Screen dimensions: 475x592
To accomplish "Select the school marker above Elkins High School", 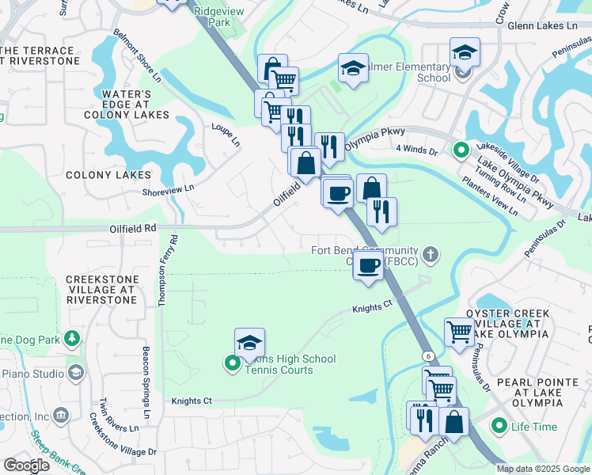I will coord(249,343).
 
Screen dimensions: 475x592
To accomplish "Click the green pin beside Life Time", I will coord(499,427).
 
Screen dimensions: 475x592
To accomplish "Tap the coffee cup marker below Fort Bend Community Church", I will coord(368,266).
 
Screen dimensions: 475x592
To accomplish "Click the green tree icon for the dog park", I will coord(72,340).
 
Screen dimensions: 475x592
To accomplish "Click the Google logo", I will coord(26,465).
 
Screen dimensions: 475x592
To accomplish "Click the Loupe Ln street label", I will coord(226,135).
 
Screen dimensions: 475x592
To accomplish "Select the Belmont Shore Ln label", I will coord(137,56).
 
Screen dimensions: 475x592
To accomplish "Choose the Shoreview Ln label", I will coord(167,189).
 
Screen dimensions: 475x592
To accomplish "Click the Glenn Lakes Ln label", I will coord(542,25).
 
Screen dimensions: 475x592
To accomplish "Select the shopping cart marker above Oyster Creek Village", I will coord(459,332).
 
